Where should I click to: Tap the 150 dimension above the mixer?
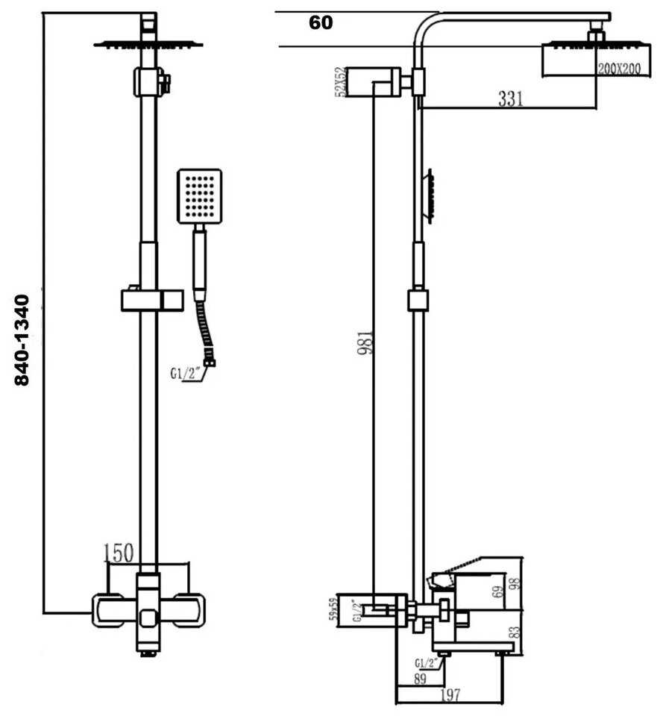[x=119, y=553]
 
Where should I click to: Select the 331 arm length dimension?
[x=510, y=98]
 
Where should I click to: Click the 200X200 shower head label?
[x=618, y=68]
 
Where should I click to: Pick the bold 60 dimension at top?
[x=321, y=23]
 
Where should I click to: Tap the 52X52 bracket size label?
[x=341, y=82]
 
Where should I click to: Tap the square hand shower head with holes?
[x=199, y=196]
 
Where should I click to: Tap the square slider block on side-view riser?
[x=418, y=301]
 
